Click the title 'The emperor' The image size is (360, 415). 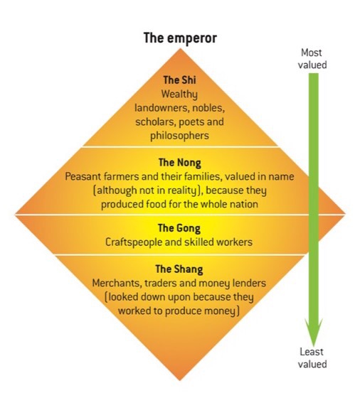tap(180, 38)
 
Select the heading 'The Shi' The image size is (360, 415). tap(179, 80)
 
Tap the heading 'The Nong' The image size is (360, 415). tap(179, 163)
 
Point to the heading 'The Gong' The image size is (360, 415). tap(179, 228)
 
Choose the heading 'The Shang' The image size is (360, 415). tap(179, 269)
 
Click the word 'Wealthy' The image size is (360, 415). tap(179, 95)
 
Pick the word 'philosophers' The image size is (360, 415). tap(179, 136)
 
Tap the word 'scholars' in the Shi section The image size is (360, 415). tap(156, 122)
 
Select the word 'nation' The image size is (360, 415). tap(244, 205)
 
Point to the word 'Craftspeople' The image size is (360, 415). tap(134, 242)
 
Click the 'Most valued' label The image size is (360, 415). tap(312, 59)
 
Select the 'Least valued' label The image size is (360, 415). tap(312, 358)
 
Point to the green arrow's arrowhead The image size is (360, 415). tap(314, 332)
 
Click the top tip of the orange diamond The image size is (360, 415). tap(181, 48)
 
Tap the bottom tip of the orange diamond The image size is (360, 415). tap(180, 380)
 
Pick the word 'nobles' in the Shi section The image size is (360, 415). tap(208, 108)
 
